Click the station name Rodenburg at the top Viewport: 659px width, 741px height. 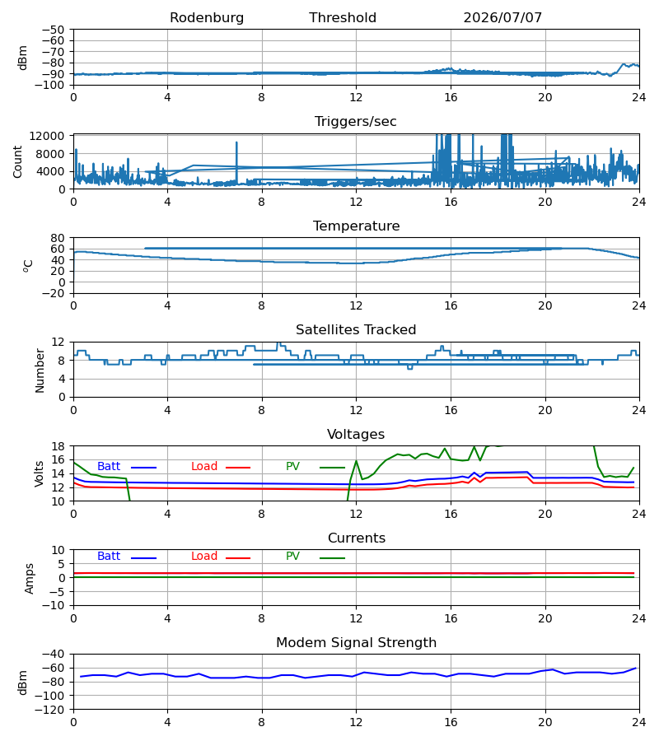click(207, 18)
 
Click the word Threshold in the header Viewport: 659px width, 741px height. click(343, 18)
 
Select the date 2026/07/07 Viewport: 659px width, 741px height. click(502, 18)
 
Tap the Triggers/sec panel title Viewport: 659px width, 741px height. click(356, 122)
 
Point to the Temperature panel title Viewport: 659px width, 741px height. click(356, 226)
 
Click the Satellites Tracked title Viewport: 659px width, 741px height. click(356, 330)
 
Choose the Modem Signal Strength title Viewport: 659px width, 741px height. click(356, 643)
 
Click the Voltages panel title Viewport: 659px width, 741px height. click(356, 434)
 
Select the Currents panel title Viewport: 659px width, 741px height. click(357, 538)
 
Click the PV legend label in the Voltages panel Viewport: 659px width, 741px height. click(292, 467)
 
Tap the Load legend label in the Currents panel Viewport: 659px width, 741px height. click(204, 557)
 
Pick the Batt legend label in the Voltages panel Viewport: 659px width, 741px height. click(109, 467)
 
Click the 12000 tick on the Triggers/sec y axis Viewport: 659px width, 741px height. click(47, 136)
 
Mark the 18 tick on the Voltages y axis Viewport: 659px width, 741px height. click(58, 446)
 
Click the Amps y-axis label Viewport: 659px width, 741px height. click(30, 579)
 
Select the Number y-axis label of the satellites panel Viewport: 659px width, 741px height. click(40, 371)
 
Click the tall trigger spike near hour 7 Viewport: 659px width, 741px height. click(237, 162)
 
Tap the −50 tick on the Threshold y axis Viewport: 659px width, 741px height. click(53, 30)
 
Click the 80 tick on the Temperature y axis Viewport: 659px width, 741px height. click(58, 238)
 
